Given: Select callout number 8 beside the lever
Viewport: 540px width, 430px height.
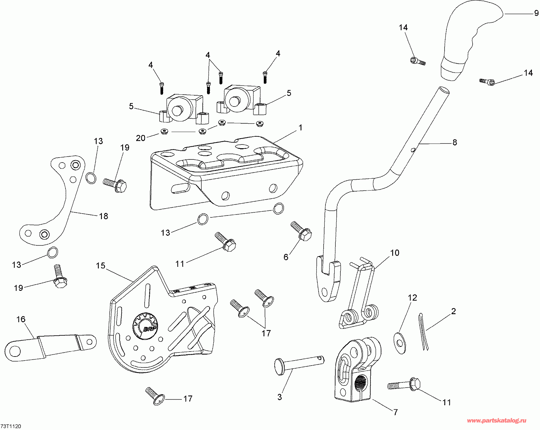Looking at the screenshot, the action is click(x=455, y=142).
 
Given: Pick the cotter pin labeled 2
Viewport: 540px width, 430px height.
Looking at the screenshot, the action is click(x=423, y=332).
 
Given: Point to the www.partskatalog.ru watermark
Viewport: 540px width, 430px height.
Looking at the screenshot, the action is click(x=497, y=421).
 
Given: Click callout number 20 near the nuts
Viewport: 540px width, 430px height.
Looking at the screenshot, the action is click(x=141, y=138).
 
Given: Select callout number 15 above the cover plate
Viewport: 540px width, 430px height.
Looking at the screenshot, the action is click(x=100, y=266).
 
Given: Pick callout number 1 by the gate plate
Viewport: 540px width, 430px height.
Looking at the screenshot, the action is click(x=301, y=128).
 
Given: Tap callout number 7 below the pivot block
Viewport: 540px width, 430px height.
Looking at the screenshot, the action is click(x=396, y=412).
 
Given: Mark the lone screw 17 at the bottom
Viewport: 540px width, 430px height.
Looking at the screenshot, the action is click(x=155, y=396).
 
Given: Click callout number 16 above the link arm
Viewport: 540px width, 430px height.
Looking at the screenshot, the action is click(x=21, y=319).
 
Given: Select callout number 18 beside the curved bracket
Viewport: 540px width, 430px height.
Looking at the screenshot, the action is click(x=104, y=216).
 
